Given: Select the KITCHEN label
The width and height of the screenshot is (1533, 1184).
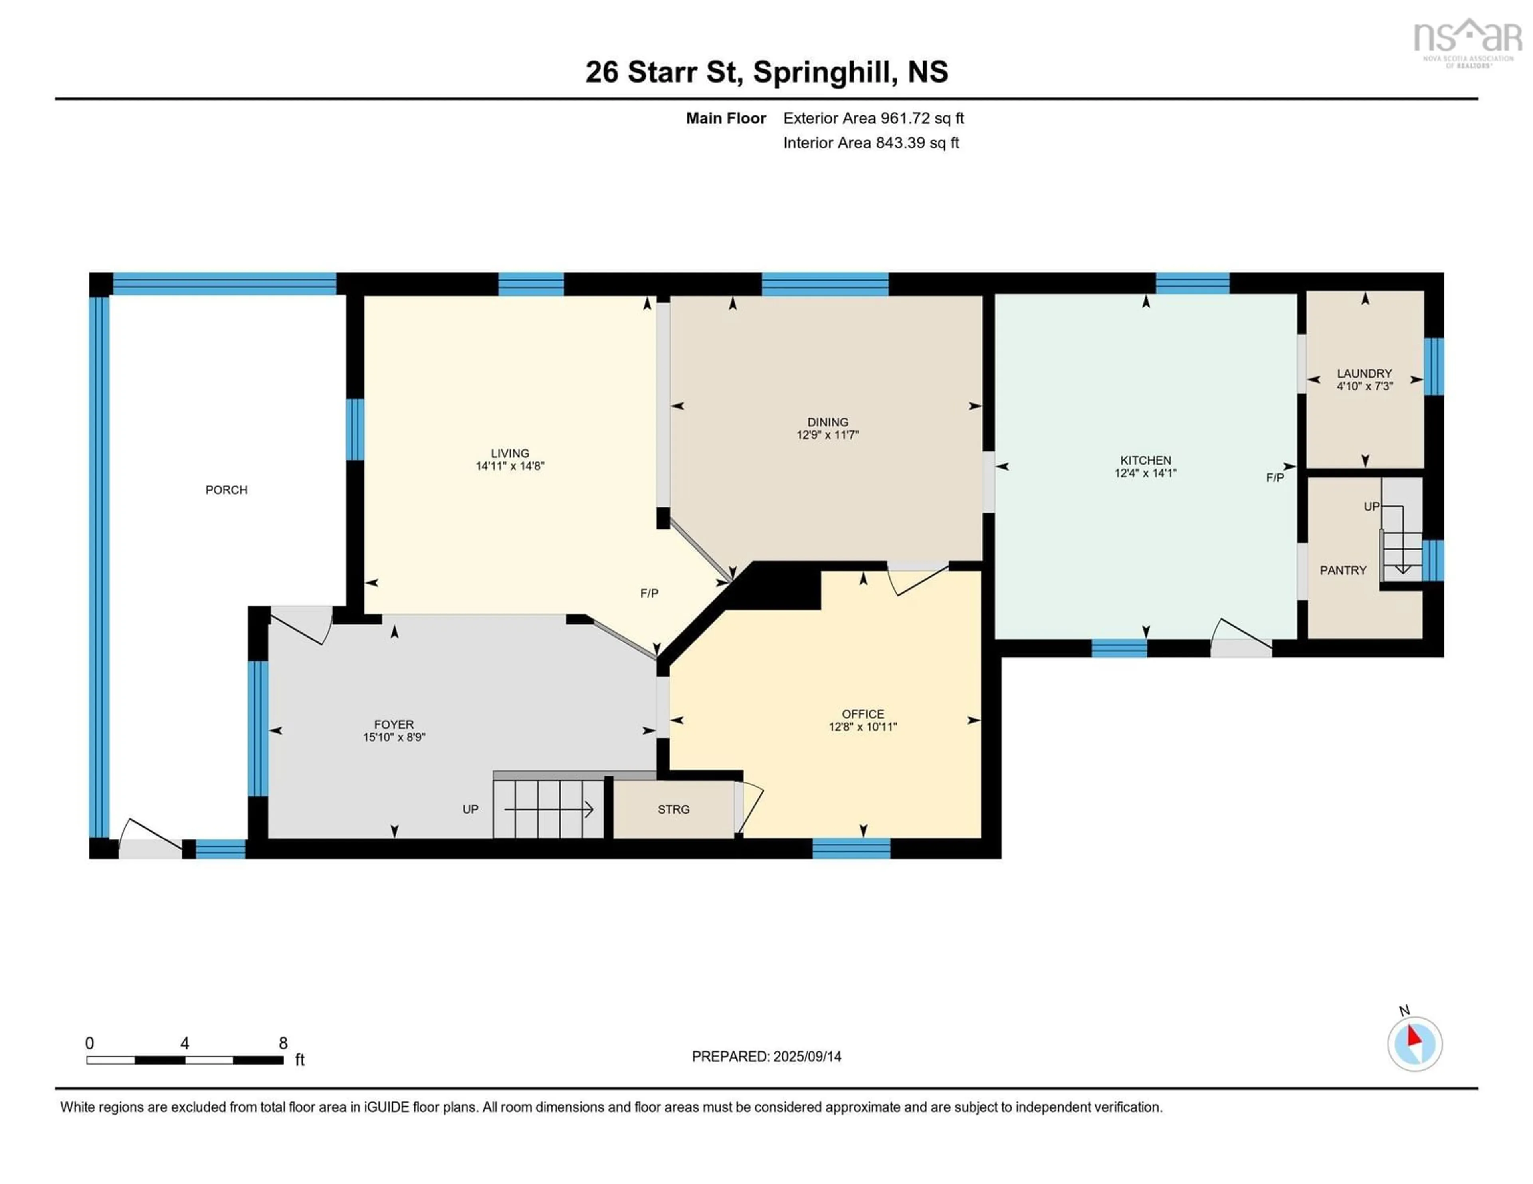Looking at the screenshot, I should click(x=1145, y=460).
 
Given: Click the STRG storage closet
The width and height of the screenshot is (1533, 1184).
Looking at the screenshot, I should click(x=673, y=809).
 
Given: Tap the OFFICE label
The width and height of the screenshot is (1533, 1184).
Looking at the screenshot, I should click(x=863, y=714).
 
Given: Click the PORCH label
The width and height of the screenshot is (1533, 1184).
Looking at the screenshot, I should click(x=226, y=490).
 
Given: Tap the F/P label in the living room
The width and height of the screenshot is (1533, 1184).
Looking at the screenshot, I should click(x=649, y=594).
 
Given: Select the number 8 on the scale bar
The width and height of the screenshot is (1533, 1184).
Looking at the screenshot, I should click(x=283, y=1043).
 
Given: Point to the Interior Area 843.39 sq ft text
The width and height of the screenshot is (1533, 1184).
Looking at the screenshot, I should click(x=870, y=143).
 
